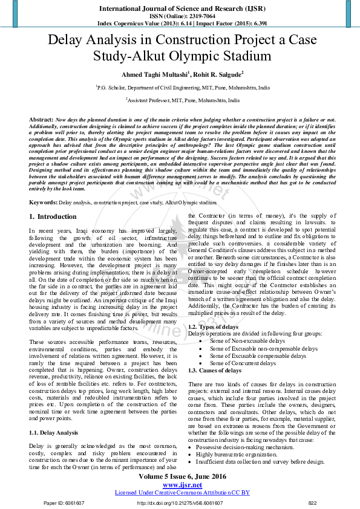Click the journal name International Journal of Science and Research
(x=180, y=8)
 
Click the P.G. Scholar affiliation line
(x=183, y=88)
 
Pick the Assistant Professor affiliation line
(x=183, y=100)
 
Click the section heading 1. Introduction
(x=53, y=216)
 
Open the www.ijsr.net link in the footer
(x=182, y=485)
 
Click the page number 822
(x=313, y=502)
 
